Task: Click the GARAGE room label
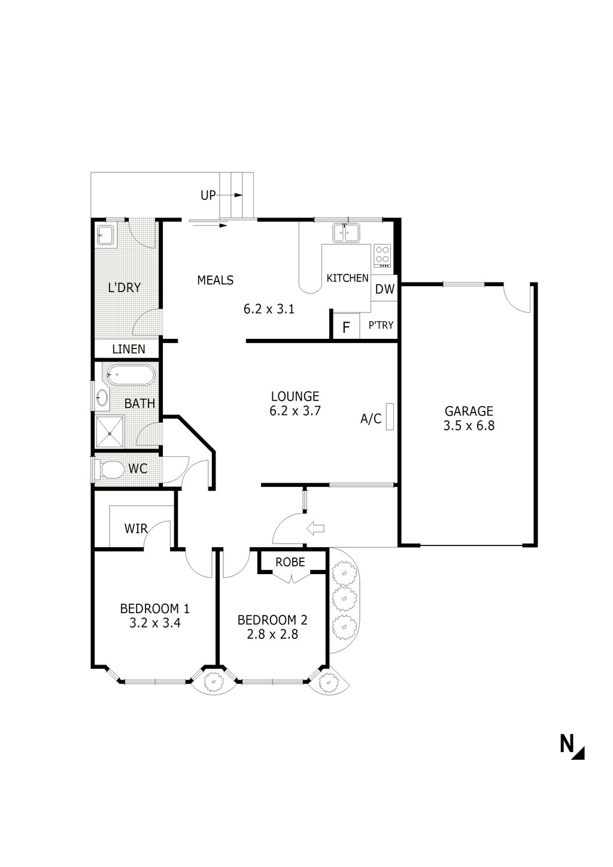pos(469,411)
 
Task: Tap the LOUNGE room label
pos(295,396)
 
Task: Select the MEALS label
pos(215,280)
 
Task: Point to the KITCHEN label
pos(347,278)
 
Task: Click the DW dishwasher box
pos(385,289)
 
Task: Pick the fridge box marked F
pos(345,328)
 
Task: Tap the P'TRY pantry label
pos(381,325)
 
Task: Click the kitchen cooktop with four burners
pos(382,256)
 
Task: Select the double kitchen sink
pos(345,232)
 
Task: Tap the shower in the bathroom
pos(110,432)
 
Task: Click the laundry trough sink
pos(106,235)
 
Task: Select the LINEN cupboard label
pos(129,349)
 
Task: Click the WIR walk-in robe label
pos(136,529)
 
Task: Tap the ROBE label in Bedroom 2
pos(290,562)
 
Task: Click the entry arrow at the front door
pos(315,528)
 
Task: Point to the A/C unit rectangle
pos(390,416)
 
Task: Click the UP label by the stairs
pos(208,195)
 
